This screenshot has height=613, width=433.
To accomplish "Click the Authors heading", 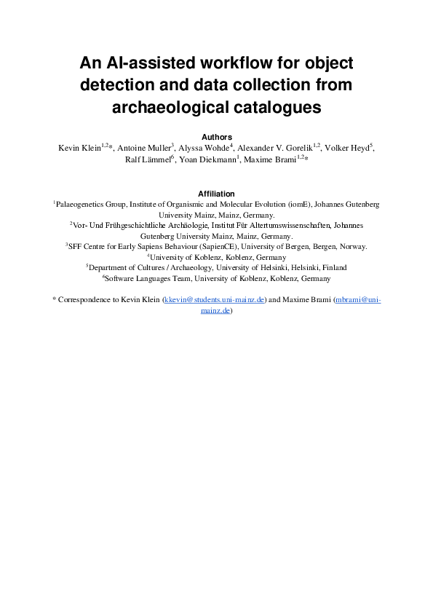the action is [x=216, y=137].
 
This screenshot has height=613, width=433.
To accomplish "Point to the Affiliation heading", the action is [x=216, y=194].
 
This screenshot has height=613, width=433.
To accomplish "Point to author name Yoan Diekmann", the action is [x=207, y=159].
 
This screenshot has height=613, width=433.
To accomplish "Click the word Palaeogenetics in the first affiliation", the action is [x=81, y=205].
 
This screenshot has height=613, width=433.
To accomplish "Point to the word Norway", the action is [x=353, y=247].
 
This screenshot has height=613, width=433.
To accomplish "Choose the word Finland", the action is [x=334, y=267].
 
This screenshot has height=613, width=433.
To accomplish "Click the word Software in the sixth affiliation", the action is [x=119, y=278].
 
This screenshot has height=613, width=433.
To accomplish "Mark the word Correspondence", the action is [x=86, y=299].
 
